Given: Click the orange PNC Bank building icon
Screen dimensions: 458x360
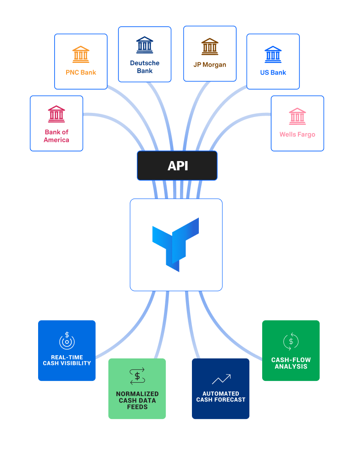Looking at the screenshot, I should click(81, 55).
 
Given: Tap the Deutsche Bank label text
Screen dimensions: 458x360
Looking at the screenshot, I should click(145, 67).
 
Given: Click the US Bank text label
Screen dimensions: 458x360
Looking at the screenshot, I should click(273, 73).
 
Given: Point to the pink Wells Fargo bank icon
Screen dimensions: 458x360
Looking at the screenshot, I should click(297, 117).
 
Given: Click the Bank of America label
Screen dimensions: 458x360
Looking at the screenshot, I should click(56, 136).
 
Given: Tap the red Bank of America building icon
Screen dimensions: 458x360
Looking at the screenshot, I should click(56, 114).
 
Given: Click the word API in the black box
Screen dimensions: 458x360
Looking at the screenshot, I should click(178, 166).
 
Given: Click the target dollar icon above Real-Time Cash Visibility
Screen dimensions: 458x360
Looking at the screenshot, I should click(67, 341).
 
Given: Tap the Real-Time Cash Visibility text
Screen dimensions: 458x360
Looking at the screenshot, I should click(67, 360).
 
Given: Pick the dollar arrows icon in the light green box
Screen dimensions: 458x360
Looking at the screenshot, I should click(137, 376).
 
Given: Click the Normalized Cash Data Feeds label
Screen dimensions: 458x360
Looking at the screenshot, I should click(137, 400).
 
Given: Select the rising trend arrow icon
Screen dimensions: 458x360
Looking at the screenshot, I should click(221, 379).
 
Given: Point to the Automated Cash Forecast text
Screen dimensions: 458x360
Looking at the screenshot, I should click(221, 397).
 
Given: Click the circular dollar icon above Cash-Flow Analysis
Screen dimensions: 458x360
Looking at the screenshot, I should click(291, 341).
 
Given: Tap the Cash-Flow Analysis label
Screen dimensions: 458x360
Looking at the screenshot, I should click(291, 363).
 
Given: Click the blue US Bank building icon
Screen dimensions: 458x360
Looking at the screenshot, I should click(273, 55).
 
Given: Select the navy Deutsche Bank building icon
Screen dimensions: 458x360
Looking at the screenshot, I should click(145, 45).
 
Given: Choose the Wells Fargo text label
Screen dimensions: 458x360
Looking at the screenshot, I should click(297, 134).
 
